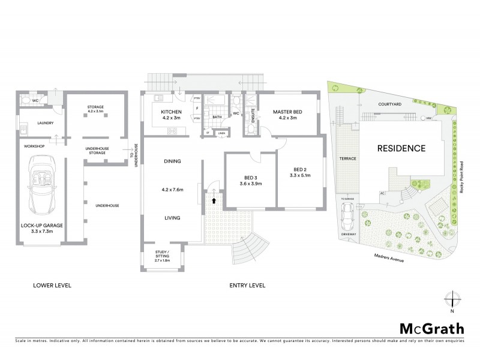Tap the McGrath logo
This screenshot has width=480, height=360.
430,329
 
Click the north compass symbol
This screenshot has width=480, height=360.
452,301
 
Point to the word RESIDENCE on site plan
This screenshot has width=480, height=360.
401,148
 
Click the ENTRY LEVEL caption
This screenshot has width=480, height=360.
248,286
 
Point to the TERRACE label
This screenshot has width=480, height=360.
348,158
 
